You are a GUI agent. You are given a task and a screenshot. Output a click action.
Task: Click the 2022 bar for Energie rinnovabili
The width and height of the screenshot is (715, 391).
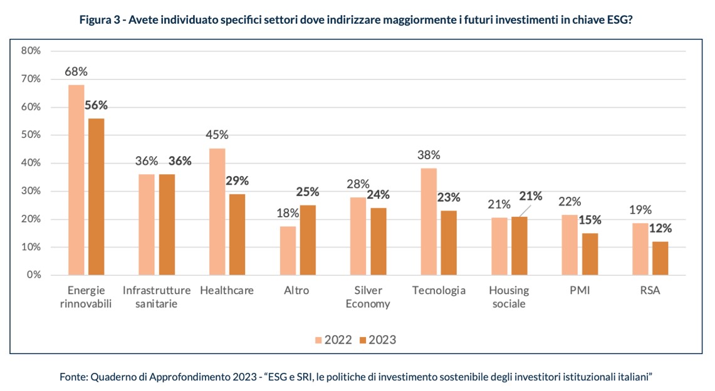[x=76, y=180]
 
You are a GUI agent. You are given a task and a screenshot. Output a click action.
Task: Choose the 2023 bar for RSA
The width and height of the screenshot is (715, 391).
[x=660, y=258]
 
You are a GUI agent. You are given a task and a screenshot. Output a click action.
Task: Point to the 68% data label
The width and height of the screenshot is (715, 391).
[x=76, y=72]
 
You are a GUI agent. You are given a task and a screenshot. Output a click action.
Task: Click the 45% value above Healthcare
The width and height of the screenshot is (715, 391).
[x=217, y=135]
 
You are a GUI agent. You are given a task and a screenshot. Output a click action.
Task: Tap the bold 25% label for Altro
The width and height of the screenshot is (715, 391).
[x=308, y=192]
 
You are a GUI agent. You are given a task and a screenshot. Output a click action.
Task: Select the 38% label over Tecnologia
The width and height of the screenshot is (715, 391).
[x=429, y=155]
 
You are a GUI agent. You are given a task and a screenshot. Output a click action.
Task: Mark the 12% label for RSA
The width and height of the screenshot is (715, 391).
[x=660, y=228]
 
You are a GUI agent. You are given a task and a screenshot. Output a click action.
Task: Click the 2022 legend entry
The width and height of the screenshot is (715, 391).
[x=333, y=340]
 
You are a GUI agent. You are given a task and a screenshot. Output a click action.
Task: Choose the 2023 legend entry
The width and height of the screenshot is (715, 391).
[x=378, y=340]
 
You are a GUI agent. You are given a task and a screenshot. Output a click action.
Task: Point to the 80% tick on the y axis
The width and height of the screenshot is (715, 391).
[x=31, y=51]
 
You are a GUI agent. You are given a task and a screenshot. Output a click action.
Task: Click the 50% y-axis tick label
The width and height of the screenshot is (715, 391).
[x=31, y=135]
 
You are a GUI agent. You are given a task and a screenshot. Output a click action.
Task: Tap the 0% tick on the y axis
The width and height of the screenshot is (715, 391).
[x=33, y=275]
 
